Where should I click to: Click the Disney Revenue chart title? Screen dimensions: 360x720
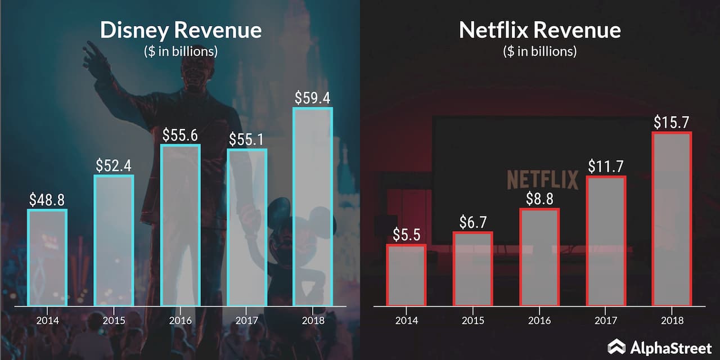click(x=181, y=30)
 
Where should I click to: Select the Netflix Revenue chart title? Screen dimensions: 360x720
click(x=539, y=30)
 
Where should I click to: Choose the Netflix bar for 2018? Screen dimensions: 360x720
click(x=672, y=219)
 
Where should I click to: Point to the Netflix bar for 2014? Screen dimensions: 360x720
click(x=407, y=276)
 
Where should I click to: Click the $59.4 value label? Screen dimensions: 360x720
click(x=313, y=97)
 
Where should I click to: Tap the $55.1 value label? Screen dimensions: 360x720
click(x=246, y=139)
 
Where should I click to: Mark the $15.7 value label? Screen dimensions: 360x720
click(x=672, y=122)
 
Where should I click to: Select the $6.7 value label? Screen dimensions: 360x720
click(x=473, y=222)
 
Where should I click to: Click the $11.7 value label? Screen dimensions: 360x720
click(x=606, y=166)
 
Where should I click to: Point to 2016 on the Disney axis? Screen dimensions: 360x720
click(x=180, y=320)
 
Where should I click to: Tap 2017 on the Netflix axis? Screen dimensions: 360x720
click(x=606, y=320)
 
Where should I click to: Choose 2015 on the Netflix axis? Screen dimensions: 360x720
click(x=473, y=320)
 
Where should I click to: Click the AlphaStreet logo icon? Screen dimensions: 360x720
click(x=616, y=346)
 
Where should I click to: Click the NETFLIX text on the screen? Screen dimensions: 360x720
click(x=542, y=179)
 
